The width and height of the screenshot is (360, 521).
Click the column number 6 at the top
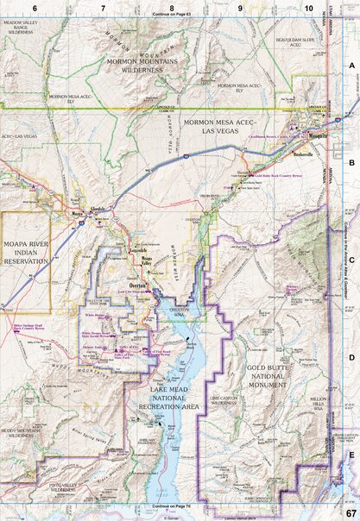[x=35, y=6]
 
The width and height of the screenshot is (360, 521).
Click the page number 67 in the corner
[x=350, y=512]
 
